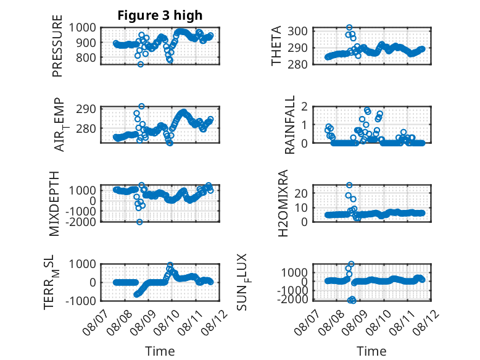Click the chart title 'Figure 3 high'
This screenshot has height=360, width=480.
coord(160,15)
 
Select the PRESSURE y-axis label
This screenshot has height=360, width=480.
coord(57,46)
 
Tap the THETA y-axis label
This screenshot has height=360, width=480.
coord(276,46)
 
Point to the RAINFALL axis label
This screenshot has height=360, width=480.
coord(289,125)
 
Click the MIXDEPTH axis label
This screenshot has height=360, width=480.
coord(54,204)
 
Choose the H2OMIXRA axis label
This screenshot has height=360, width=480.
coord(283,203)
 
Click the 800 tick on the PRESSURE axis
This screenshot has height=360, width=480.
coord(86,57)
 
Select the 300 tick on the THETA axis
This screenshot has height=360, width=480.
coord(297,31)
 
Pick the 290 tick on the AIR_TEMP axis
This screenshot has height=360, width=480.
coord(86,109)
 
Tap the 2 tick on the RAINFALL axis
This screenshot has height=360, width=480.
coord(304,107)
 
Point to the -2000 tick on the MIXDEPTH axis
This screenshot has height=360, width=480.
coord(81,222)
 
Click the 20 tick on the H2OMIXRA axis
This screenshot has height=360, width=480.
coord(300,193)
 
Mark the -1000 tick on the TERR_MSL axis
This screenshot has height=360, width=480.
coord(81,301)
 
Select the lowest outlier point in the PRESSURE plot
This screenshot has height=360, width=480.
coord(141,64)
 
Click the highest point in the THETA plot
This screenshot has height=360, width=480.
coord(349,28)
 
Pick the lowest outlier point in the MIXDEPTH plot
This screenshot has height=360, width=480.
coord(139,222)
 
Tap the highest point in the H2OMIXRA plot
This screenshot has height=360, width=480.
coord(349,185)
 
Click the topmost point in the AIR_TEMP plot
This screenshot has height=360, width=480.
coord(141,106)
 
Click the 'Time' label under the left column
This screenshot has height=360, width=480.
coord(160,351)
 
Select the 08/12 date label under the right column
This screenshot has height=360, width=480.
coord(426,322)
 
